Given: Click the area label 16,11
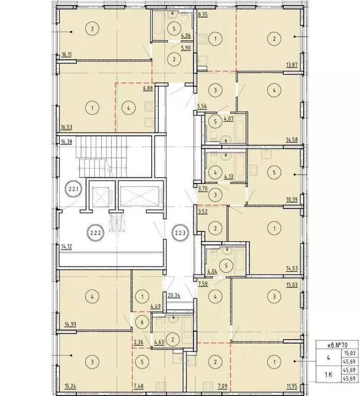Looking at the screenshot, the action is pos(67,54).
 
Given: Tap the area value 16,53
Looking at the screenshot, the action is pos(67,127).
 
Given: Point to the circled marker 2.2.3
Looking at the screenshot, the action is pos(180,233).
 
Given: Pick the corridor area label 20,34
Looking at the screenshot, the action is pos(174,295).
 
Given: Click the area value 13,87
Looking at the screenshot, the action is pos(292,65).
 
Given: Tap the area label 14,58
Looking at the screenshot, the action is pos(292,140).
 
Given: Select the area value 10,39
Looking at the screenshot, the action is pos(292,200).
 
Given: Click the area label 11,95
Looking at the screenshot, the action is pos(292,386).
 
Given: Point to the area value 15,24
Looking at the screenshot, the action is pos(67,386).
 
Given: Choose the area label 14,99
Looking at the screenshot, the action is pos(67,324).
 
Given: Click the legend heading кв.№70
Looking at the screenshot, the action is pos(337,344).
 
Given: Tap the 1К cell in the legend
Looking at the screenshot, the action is pos(328,374).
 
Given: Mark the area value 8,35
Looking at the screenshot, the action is pos(203,14).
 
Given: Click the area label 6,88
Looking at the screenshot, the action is pos(148,89).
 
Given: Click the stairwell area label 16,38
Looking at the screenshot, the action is pos(67,142).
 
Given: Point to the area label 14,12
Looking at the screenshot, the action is pos(67,246).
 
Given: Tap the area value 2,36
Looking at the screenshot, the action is pos(138,342).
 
